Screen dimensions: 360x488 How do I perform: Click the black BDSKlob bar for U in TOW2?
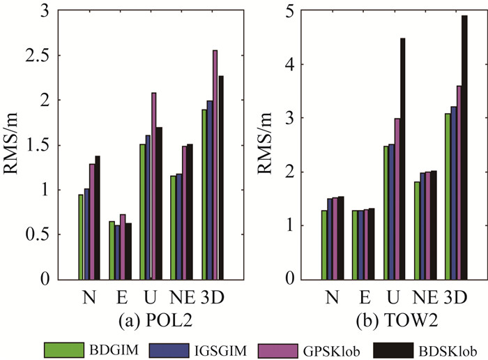403,159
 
